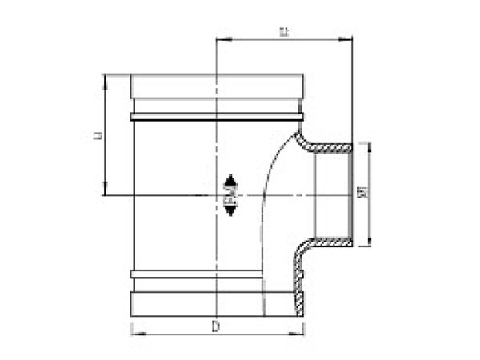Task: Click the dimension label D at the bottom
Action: point(216,326)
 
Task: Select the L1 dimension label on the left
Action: point(97,135)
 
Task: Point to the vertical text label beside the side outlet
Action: point(362,194)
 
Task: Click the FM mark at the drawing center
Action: point(230,194)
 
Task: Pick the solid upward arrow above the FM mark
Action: point(230,179)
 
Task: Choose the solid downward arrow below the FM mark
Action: point(230,210)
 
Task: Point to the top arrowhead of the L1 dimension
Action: point(105,78)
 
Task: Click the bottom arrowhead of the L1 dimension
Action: point(105,191)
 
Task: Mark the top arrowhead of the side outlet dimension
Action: point(369,146)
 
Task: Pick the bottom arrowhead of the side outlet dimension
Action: point(369,242)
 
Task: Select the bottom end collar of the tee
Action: point(217,305)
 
